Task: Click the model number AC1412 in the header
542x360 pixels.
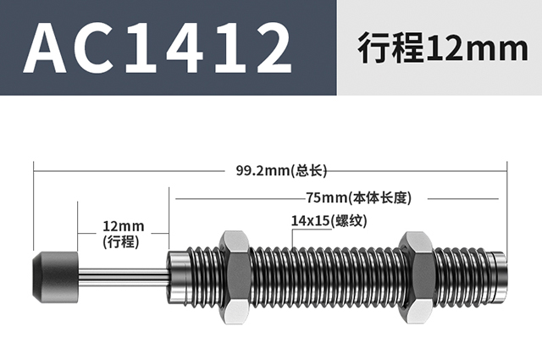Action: click(158, 47)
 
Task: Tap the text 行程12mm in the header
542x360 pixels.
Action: click(443, 47)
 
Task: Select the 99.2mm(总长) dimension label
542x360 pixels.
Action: click(281, 170)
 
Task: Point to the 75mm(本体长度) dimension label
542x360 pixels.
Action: click(359, 198)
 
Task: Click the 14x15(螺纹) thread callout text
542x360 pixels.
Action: click(329, 220)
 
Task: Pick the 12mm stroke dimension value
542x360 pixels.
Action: click(123, 226)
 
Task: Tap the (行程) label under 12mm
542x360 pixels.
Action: click(121, 241)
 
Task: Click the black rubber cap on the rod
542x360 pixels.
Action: click(55, 277)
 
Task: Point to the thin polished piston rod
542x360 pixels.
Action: click(124, 277)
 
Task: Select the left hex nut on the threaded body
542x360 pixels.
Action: click(234, 277)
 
